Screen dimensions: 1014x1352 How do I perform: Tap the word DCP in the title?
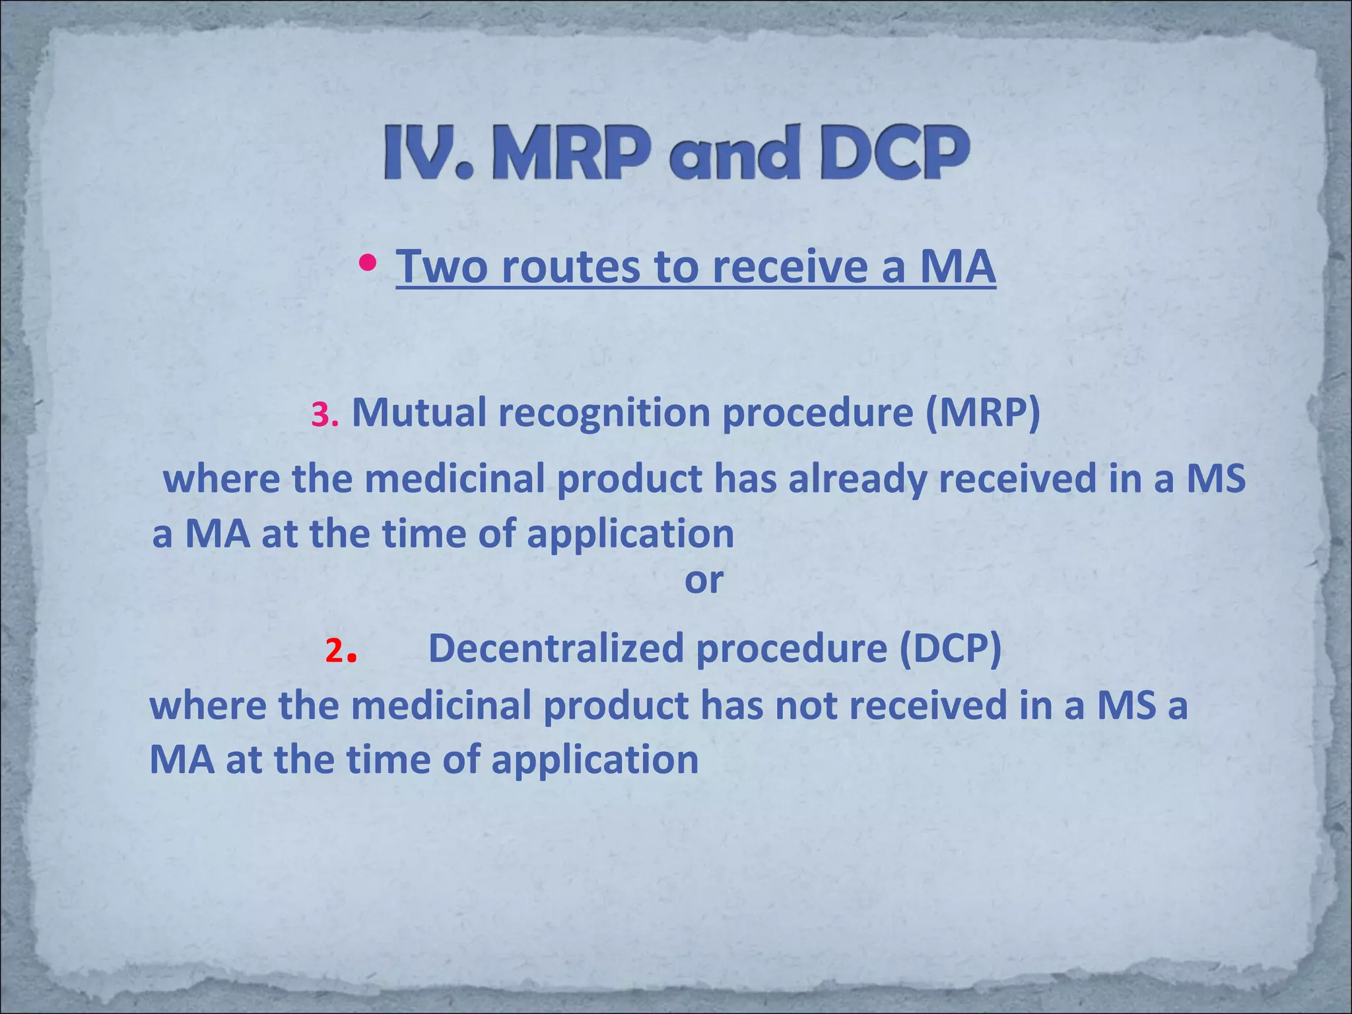click(895, 153)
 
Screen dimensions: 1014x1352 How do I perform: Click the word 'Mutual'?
click(419, 413)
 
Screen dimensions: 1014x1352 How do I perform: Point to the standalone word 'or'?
click(704, 580)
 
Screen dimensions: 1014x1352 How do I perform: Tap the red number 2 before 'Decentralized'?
click(335, 652)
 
